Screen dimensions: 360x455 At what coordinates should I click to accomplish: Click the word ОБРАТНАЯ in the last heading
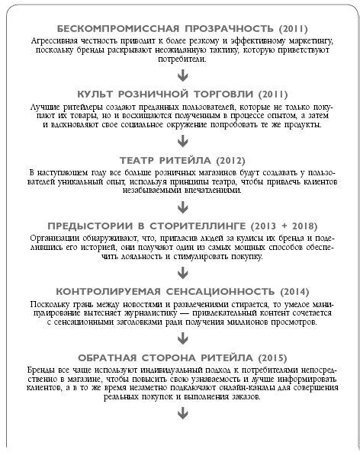click(x=108, y=358)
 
